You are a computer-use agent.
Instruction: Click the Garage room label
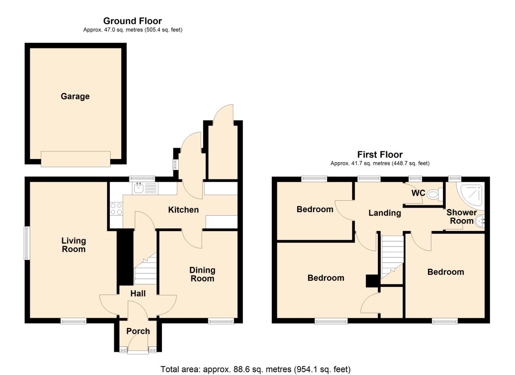[75, 96]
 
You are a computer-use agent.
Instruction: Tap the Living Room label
[74, 245]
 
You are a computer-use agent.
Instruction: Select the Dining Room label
[202, 274]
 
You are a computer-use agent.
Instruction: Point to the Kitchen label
[183, 210]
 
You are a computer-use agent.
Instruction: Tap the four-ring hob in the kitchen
[116, 209]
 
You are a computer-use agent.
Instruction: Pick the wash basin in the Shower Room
[480, 221]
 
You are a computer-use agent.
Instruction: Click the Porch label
[138, 331]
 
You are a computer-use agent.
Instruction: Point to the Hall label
[138, 293]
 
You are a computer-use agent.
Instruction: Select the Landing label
[384, 213]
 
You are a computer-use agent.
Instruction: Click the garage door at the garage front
[76, 159]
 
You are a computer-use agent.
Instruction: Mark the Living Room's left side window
[26, 243]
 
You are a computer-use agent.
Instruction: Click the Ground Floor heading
[132, 21]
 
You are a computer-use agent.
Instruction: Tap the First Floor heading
[380, 155]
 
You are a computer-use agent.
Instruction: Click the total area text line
[255, 369]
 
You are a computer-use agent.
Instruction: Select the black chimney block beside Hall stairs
[125, 257]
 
